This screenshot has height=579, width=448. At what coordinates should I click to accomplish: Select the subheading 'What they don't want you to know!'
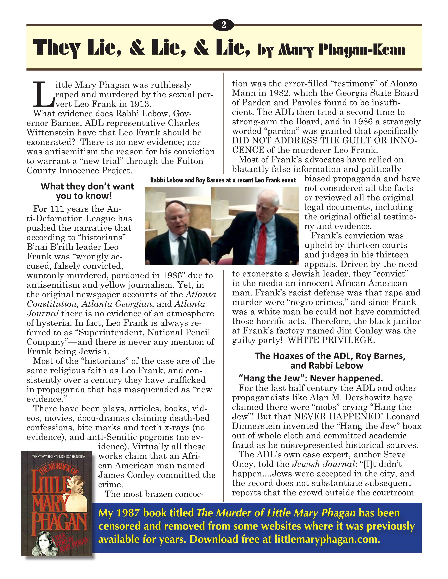click(x=87, y=191)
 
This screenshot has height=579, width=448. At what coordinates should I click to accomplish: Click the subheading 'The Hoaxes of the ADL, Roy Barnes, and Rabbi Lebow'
click(x=330, y=361)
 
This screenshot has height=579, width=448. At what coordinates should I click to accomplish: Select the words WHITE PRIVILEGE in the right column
click(x=331, y=340)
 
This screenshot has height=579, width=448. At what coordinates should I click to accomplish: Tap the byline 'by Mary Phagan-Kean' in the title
click(x=331, y=50)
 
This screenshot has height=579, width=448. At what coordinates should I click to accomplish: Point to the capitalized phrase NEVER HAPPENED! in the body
click(x=338, y=417)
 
